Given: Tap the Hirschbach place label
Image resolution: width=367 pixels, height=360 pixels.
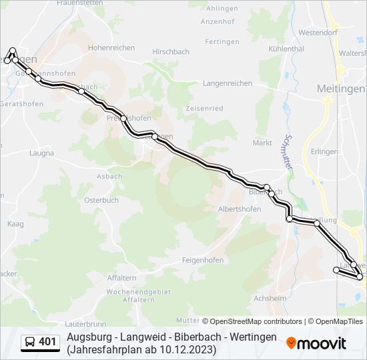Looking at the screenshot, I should pos(171,51).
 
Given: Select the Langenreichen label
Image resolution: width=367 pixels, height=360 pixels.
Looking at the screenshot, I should pos(228,83).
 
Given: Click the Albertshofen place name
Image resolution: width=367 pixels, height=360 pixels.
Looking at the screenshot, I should pos(240,209).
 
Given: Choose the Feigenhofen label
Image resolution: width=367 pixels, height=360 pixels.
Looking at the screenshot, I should pos(203,260).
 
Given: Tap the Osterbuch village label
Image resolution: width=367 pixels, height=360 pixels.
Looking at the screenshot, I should pos(101,200).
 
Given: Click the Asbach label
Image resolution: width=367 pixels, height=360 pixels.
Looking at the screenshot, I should pos(109,176).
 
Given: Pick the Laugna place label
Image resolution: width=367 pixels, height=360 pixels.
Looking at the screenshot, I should pos(41,153).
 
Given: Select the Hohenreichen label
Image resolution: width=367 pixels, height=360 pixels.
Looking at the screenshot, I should pos(111,48).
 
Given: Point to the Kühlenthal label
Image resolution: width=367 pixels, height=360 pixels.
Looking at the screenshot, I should pos(286,49).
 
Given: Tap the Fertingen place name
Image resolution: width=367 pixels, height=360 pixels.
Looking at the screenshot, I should pos(222,41).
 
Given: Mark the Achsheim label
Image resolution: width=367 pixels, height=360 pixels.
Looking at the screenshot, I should pos(270,298).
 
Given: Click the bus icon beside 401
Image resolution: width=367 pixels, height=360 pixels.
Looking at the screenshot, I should pos(30,342).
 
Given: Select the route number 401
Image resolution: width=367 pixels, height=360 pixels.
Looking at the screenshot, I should pos(47,342).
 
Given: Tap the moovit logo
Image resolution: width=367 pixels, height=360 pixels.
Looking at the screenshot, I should pos(316,343).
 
